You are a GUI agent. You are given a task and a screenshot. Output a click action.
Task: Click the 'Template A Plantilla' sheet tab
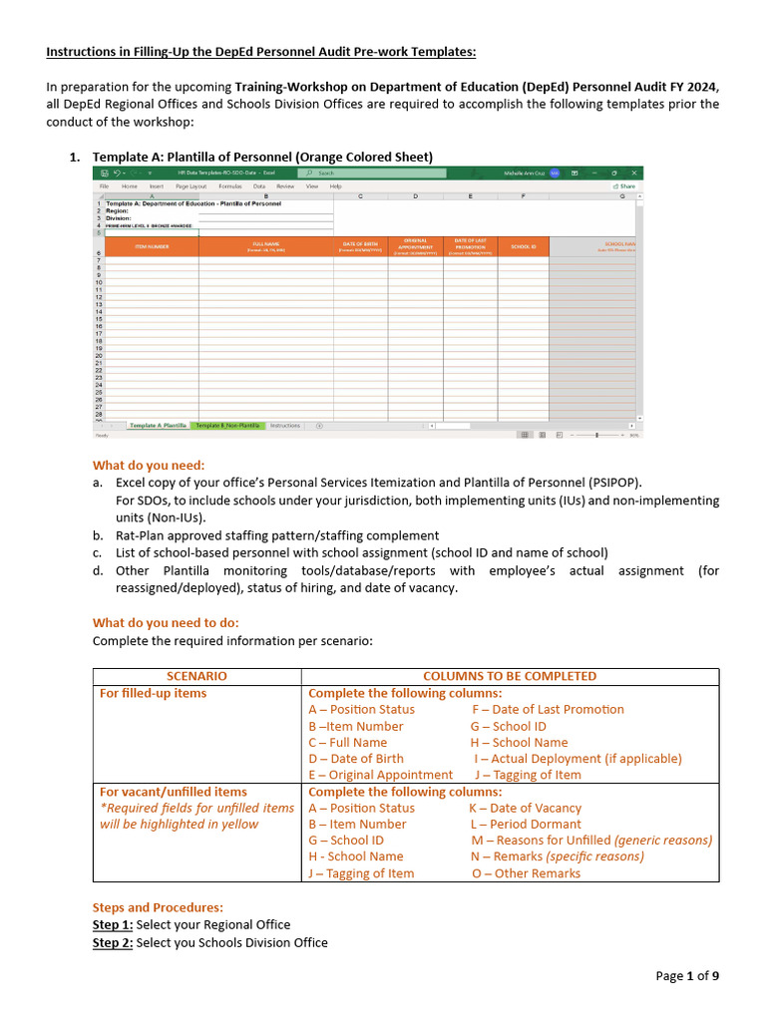click(x=158, y=426)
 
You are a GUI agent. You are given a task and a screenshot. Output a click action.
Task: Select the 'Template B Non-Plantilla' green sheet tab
click(x=227, y=426)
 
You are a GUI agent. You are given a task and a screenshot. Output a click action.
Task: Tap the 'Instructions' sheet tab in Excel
click(x=284, y=426)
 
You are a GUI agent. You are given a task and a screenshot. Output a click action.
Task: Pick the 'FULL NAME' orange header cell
click(x=266, y=246)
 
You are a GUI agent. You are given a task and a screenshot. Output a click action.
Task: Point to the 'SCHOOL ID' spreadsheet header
click(x=523, y=246)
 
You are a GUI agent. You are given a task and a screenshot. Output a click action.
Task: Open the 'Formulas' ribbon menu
click(x=230, y=186)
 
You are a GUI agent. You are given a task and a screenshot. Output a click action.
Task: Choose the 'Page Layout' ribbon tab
click(x=191, y=186)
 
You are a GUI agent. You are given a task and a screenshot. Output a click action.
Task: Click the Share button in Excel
click(x=625, y=186)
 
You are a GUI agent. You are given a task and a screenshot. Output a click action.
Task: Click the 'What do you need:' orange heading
click(x=148, y=465)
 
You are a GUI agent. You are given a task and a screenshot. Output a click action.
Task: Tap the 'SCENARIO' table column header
click(x=196, y=676)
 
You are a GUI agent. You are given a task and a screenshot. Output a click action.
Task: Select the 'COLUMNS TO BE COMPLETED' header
click(x=510, y=676)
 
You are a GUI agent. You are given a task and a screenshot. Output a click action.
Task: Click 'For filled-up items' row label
click(x=154, y=693)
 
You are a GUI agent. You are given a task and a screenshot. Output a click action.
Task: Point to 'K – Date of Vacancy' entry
click(x=525, y=809)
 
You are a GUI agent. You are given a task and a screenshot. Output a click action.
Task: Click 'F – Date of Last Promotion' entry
click(x=548, y=710)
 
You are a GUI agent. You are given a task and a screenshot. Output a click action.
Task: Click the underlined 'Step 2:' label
click(x=113, y=942)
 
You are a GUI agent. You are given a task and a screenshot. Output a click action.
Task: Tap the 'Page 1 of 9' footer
click(x=686, y=976)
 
